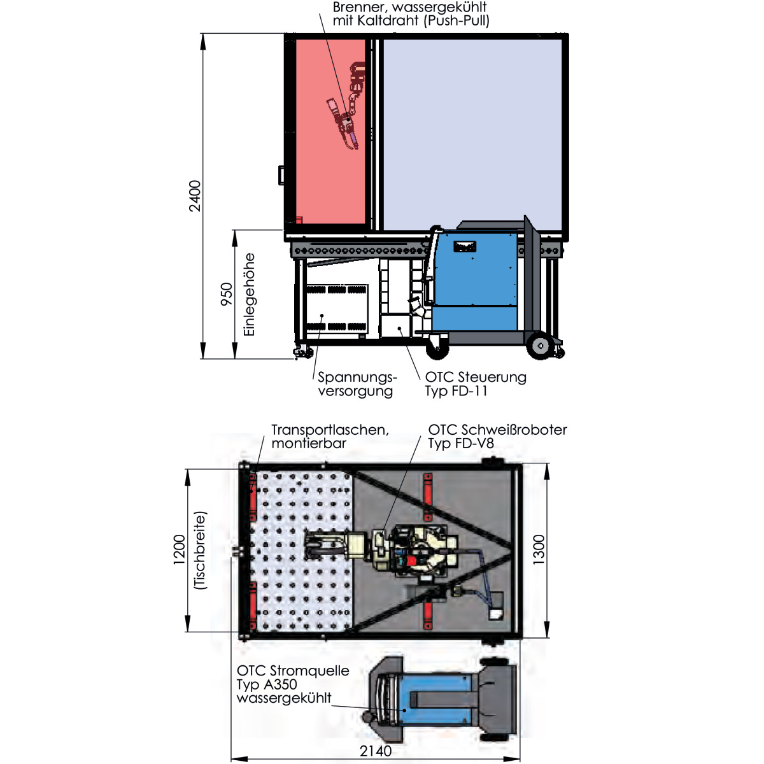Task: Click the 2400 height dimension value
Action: pos(195,196)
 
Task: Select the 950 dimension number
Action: pos(227,294)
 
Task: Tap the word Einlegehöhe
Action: pos(249,295)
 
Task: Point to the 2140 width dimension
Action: pos(376,751)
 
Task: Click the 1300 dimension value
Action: pos(539,549)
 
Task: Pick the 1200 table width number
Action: pos(179,549)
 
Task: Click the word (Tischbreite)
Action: pos(201,550)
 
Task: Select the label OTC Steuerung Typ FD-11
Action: pos(476,383)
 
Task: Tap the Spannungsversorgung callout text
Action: pos(357,384)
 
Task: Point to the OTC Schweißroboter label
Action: pos(498,429)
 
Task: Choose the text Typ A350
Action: pos(267,684)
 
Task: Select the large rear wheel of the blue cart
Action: pos(540,346)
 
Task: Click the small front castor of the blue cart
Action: pos(437,349)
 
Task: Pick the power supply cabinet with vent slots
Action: pos(337,308)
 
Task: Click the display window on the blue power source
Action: pos(465,246)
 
